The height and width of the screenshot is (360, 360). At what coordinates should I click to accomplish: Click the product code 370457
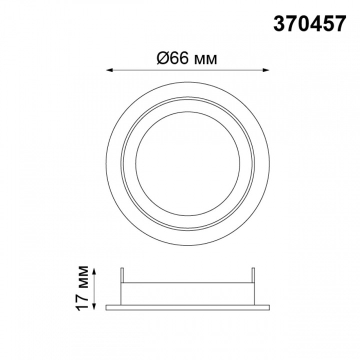click(x=309, y=24)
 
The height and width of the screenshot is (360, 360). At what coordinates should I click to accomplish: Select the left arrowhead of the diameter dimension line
click(x=109, y=70)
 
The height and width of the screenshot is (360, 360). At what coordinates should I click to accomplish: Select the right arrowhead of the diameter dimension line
click(x=266, y=70)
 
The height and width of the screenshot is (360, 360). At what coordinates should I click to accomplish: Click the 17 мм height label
click(x=82, y=288)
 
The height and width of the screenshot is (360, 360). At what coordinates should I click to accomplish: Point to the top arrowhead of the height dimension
click(x=94, y=271)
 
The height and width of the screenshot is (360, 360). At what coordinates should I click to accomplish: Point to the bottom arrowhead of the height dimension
click(x=94, y=306)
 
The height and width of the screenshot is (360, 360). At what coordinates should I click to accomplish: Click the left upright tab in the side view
click(x=122, y=275)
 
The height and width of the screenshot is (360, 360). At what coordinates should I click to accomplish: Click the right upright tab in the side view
click(x=253, y=275)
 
